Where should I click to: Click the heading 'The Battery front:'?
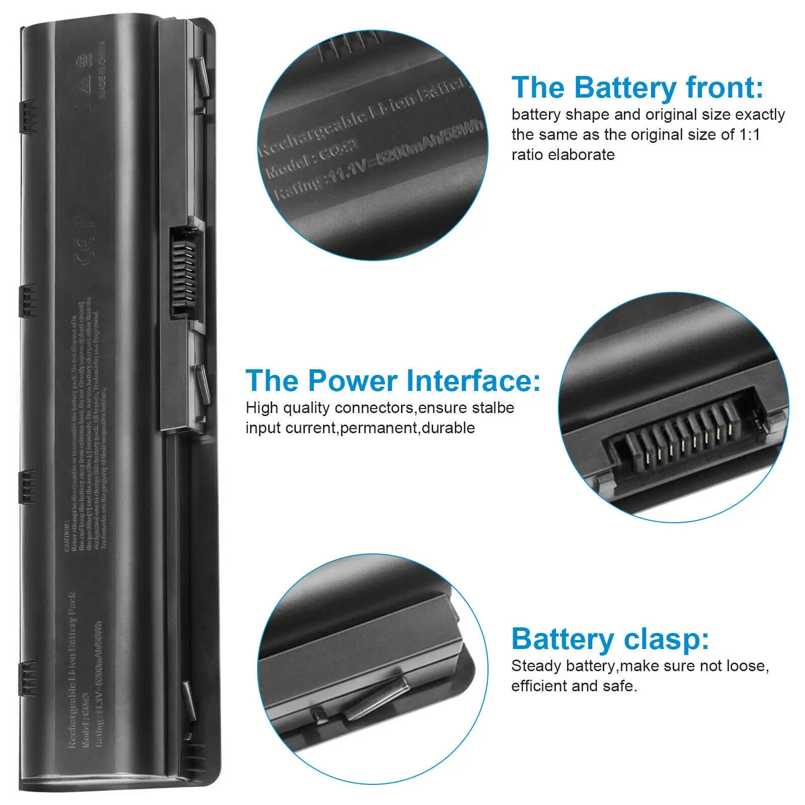(x=637, y=88)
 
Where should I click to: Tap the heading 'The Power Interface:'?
(x=392, y=380)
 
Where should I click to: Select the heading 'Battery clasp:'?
(x=610, y=639)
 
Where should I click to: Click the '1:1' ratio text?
(x=750, y=135)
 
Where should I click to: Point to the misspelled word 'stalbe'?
(x=493, y=408)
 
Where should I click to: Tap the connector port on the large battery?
(x=184, y=272)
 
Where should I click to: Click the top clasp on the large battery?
(x=200, y=75)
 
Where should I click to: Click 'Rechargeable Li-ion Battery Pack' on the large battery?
(x=71, y=669)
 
